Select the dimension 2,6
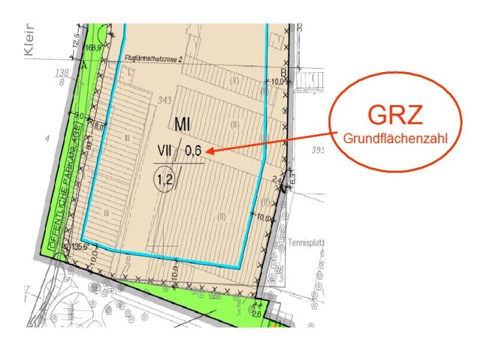point(256,314)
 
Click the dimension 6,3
point(293,178)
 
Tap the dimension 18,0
point(98,126)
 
